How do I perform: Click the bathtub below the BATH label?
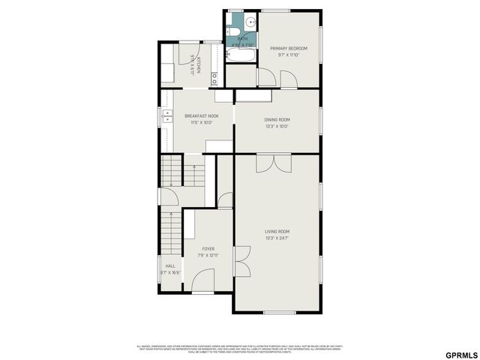click(241, 55)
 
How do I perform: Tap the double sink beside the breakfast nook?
click(163, 117)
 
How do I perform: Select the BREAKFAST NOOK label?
click(202, 115)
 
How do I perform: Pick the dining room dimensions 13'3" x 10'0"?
click(277, 126)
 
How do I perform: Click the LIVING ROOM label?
click(277, 231)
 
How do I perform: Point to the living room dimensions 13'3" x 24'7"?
click(277, 238)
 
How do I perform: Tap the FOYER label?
click(208, 248)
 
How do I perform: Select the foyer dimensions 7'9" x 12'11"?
click(208, 255)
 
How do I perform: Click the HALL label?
click(170, 265)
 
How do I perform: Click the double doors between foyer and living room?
click(242, 262)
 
